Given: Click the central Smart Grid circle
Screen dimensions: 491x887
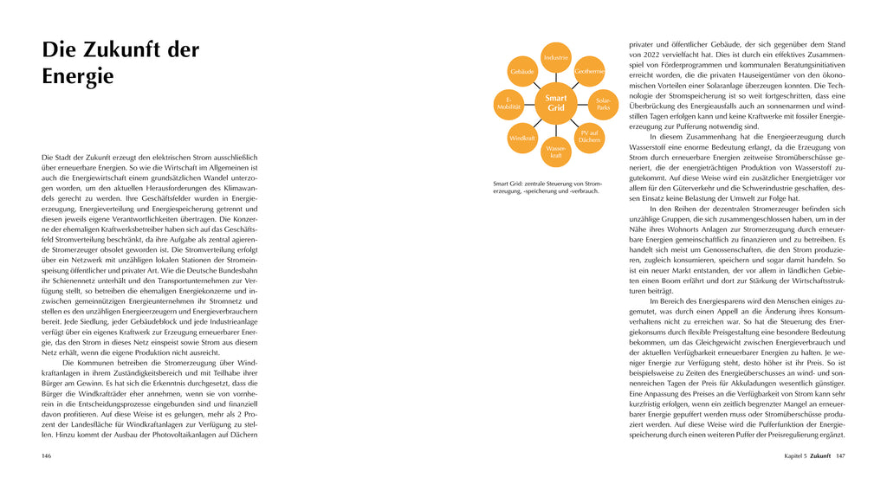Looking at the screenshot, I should coord(556,103).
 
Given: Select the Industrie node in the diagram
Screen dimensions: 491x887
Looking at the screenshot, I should coord(556,57).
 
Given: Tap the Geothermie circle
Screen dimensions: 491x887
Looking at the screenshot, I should coord(589,70).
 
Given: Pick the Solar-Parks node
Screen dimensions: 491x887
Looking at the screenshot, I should coord(604,103).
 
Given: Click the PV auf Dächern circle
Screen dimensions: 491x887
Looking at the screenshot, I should coord(590,136).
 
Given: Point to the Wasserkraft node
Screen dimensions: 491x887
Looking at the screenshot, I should coord(556,152).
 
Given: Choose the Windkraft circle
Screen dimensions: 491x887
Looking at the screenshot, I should coord(522,137).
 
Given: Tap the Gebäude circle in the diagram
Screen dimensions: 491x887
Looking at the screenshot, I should coord(522,70).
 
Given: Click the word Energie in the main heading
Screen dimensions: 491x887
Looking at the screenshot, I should coord(78,76).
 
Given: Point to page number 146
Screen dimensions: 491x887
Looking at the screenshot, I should coord(48,455).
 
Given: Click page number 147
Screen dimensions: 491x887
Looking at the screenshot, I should coord(839,455).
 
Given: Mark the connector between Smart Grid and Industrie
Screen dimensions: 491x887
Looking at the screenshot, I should coord(556,77).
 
